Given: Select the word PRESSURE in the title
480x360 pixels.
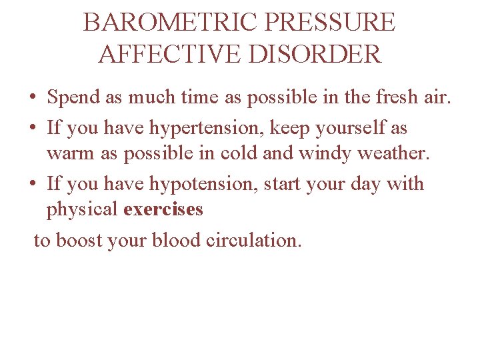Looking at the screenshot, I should click(x=330, y=23).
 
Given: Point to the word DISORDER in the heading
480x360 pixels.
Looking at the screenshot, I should click(x=316, y=53).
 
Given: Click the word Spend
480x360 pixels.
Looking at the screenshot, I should click(x=73, y=98).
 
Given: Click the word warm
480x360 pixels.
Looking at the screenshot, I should click(x=69, y=153).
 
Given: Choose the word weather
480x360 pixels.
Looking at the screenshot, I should click(x=395, y=153).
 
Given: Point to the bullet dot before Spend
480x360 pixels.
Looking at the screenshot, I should click(x=33, y=99).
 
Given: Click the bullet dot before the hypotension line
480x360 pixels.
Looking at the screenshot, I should click(x=33, y=184).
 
